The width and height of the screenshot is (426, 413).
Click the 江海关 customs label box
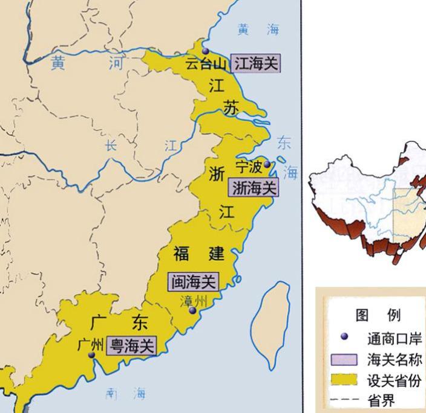coord(256,63)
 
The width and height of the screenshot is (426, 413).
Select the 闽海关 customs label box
coord(193,281)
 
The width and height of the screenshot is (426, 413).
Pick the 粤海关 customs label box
coord(131,346)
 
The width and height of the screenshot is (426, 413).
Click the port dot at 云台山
coord(206,51)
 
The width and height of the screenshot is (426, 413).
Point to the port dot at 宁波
coord(267,164)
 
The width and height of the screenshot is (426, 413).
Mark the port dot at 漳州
coord(192,310)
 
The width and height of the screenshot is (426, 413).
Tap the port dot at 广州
coord(91,355)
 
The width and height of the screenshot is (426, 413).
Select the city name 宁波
coord(249,167)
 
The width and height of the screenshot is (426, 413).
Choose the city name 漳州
coord(194,300)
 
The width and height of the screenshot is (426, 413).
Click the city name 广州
coord(91,344)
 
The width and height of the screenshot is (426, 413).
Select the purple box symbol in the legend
coord(344,360)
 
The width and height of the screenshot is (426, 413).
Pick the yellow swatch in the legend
coord(344,380)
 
